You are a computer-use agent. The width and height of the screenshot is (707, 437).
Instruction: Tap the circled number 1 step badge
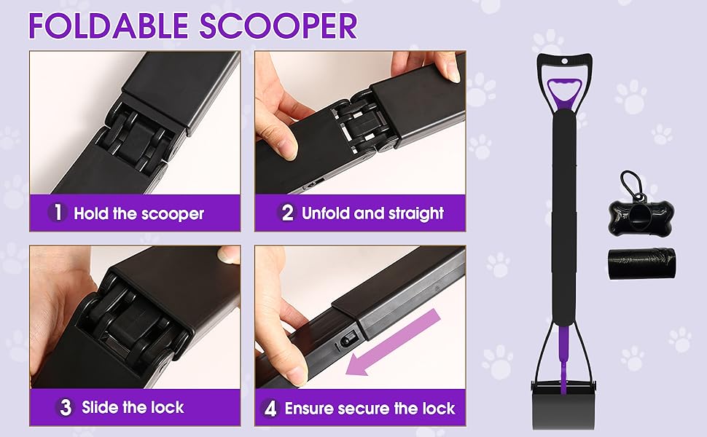58,213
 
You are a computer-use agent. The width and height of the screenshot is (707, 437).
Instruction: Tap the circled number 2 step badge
287,213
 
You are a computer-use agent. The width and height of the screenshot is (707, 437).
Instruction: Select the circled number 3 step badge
66,407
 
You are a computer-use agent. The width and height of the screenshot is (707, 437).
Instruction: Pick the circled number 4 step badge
270,408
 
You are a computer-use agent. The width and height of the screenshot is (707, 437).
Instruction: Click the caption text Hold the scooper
138,213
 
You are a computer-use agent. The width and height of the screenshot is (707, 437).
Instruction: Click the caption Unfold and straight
372,213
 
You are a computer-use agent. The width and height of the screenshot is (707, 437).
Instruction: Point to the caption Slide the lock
133,407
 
